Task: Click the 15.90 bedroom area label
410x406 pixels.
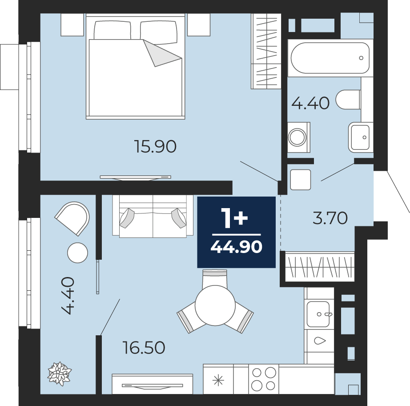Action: (155, 146)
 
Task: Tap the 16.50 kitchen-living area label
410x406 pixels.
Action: (144, 348)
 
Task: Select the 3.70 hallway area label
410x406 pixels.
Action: (330, 218)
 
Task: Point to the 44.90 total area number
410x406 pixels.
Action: (236, 247)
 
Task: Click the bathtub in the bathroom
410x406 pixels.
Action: (330, 58)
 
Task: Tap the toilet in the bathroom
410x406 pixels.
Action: (348, 100)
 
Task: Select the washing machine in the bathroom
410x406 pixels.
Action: (299, 137)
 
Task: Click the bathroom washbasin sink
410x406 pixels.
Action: (360, 137)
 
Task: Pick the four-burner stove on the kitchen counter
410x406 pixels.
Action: (264, 379)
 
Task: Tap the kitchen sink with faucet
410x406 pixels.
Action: (318, 314)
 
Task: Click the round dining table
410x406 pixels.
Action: (215, 305)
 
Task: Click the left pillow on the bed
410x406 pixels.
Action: (112, 30)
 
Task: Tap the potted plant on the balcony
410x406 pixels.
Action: (59, 374)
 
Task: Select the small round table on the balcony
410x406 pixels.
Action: (77, 253)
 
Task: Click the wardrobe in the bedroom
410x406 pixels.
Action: (266, 51)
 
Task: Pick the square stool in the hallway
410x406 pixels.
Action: (301, 180)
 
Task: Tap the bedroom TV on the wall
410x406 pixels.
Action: (136, 177)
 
